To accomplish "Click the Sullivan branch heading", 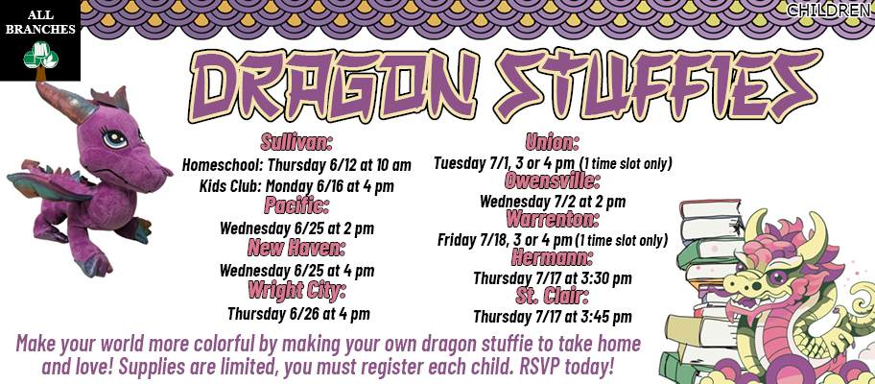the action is pyautogui.click(x=296, y=142).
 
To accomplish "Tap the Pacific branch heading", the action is pyautogui.click(x=296, y=205).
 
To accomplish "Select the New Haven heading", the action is pyautogui.click(x=296, y=247).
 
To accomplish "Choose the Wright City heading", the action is pyautogui.click(x=296, y=290).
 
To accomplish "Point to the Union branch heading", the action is pyautogui.click(x=552, y=142).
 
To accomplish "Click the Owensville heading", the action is pyautogui.click(x=552, y=180).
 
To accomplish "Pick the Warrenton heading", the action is pyautogui.click(x=552, y=219).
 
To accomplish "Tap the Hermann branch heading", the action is pyautogui.click(x=552, y=258).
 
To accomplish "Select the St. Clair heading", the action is pyautogui.click(x=552, y=296).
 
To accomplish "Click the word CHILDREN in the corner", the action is pyautogui.click(x=830, y=10).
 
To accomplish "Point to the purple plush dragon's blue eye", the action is pyautogui.click(x=114, y=138).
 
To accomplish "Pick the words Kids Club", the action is pyautogui.click(x=230, y=186).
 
